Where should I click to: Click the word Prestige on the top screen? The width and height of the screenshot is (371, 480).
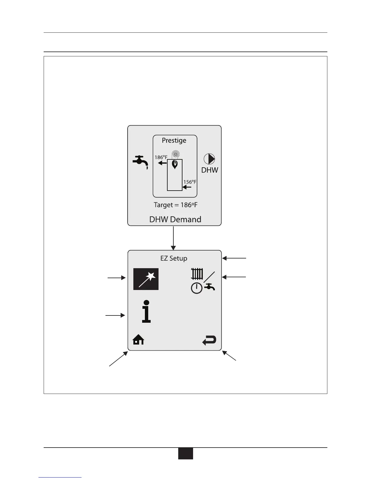coord(174,141)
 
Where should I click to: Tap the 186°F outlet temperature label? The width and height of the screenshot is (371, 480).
coord(161,157)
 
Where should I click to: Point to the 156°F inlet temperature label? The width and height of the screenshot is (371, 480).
coord(190,182)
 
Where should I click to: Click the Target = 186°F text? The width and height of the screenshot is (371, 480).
coord(175,205)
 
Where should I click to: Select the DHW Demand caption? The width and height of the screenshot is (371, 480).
coord(175,219)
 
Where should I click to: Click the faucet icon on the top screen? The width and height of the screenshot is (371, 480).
coord(140,162)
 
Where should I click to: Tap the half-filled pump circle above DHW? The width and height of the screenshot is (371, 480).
coord(209,159)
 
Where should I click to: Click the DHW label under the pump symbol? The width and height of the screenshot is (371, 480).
coord(210,170)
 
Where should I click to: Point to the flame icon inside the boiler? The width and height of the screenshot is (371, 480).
coord(175,165)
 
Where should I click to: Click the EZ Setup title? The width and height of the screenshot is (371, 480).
coord(174,258)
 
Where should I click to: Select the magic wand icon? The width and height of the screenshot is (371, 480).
coord(146,279)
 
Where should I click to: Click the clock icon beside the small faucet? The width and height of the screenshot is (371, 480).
coord(197,288)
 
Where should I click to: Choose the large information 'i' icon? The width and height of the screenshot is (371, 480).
coord(146,311)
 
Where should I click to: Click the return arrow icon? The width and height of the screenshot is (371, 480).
coord(209,340)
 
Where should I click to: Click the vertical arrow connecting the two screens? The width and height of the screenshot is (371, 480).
coord(173,238)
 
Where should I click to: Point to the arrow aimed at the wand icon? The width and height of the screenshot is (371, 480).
coord(117,277)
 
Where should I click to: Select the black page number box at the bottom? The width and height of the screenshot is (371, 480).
coord(185,454)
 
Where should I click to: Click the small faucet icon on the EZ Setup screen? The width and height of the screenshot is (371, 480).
coord(209,286)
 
